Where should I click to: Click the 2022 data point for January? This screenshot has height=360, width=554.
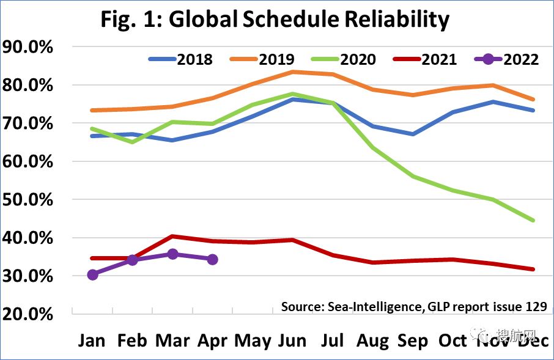pos(93,274)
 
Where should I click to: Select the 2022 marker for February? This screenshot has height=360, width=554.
pos(133,260)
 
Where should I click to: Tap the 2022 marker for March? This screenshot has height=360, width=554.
pos(172,254)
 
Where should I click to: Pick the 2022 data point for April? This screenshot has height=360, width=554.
pos(212,259)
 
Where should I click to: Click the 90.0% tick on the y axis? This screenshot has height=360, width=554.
pos(37,47)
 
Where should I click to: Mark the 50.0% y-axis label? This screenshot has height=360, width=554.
pos(37,200)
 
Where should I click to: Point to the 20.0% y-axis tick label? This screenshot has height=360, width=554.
pos(37,314)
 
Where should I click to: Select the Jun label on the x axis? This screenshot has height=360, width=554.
pos(292,340)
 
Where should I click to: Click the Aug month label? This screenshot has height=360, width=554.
pos(373,340)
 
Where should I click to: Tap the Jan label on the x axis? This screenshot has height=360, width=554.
pos(93,340)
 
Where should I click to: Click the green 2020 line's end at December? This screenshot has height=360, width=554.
pos(534,220)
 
